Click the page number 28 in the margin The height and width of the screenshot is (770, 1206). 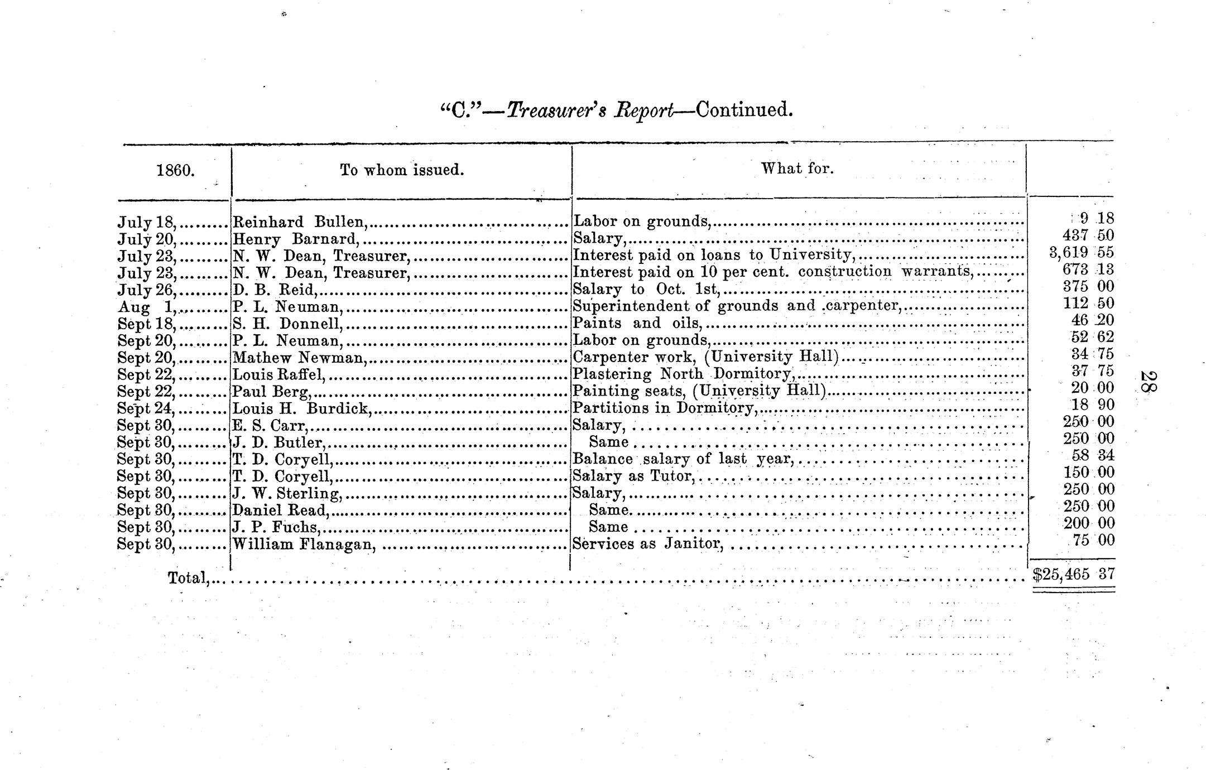(1149, 382)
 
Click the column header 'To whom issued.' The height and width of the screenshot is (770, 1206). (402, 170)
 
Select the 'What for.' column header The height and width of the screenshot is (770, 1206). (797, 168)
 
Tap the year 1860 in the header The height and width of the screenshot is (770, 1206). (175, 170)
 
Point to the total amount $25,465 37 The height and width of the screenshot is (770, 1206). (1073, 574)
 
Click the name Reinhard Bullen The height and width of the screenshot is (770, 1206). (299, 222)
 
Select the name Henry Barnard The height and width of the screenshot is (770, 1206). (295, 239)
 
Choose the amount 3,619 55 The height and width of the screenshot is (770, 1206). (1081, 253)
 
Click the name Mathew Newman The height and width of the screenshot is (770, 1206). (299, 358)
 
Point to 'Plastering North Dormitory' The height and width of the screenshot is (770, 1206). (683, 374)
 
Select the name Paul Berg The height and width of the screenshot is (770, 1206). (271, 392)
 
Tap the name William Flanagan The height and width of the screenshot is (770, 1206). (302, 544)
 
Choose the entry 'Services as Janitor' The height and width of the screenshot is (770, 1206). (648, 543)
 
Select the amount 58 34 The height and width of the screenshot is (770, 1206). (1088, 455)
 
